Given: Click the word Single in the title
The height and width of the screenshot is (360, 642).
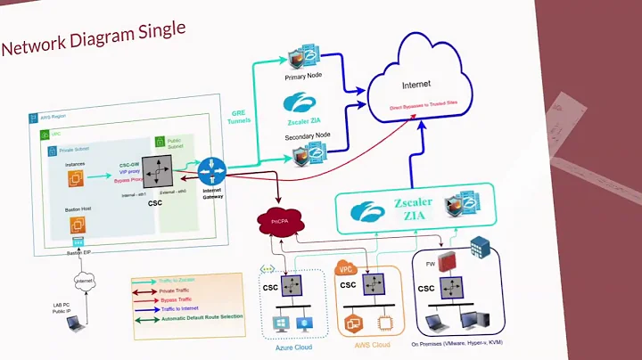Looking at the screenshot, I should [160, 31].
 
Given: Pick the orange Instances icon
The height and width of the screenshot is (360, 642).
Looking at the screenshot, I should [76, 180].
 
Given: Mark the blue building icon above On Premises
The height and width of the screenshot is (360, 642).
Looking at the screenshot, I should [481, 247].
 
